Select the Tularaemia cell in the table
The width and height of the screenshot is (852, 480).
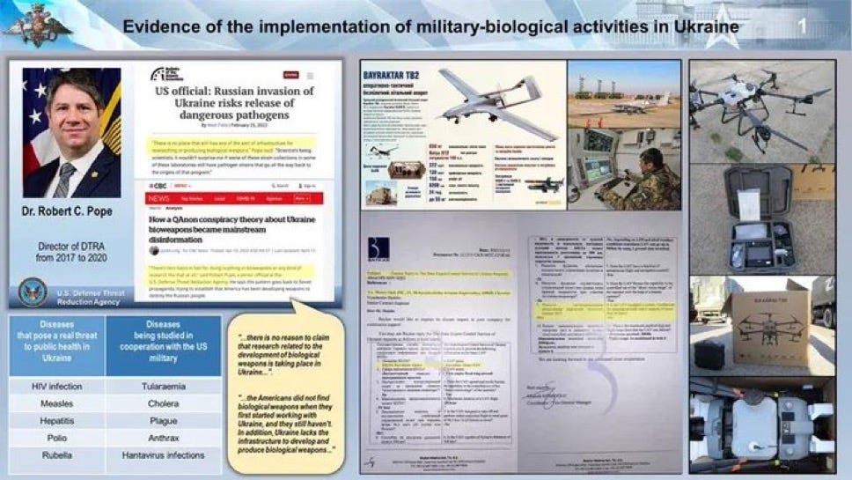click(x=164, y=386)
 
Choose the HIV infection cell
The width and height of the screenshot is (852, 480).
click(x=56, y=386)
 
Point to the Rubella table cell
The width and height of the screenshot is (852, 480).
click(x=56, y=455)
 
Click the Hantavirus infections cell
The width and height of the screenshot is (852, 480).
click(x=164, y=455)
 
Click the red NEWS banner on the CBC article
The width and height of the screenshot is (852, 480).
click(x=161, y=199)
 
